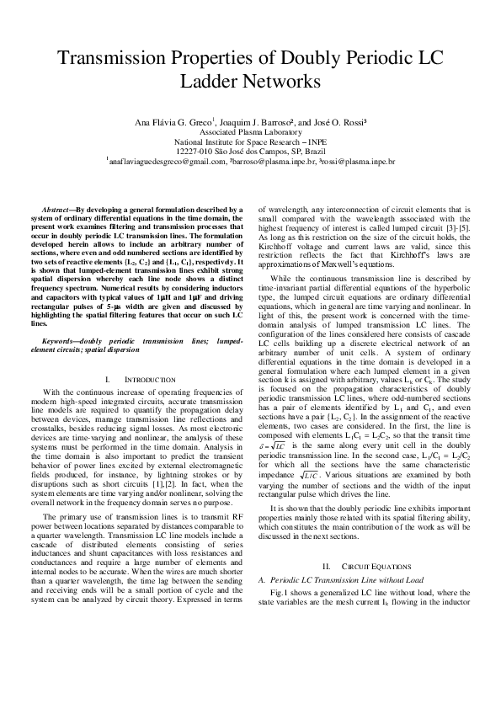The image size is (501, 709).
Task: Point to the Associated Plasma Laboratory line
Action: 250,132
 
